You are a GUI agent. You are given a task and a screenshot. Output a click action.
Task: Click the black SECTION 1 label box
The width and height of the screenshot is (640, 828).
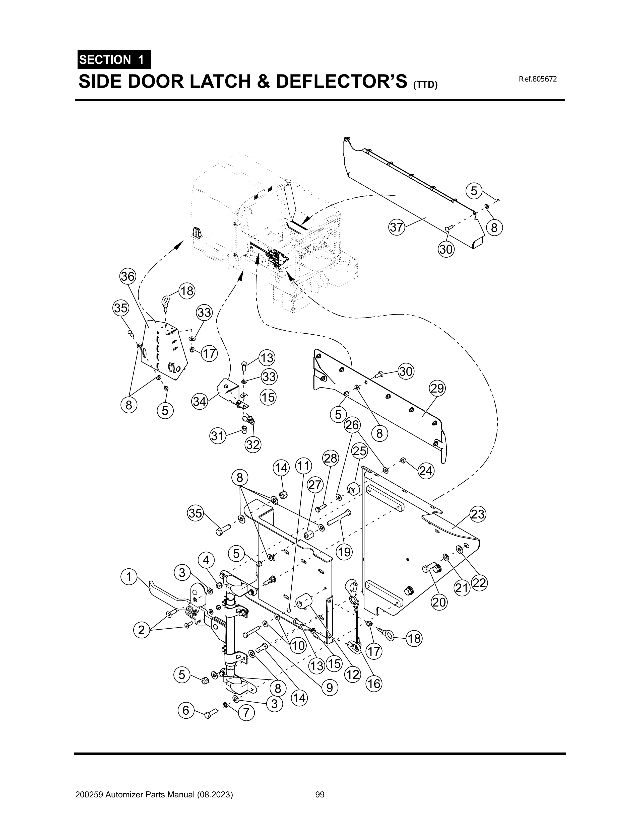pyautogui.click(x=114, y=59)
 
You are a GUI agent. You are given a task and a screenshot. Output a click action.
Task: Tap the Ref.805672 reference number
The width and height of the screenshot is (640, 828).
pyautogui.click(x=538, y=79)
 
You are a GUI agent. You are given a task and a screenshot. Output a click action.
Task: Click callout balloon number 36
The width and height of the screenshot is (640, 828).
pyautogui.click(x=127, y=277)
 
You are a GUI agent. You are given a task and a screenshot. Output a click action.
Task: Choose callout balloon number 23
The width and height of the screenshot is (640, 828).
pyautogui.click(x=478, y=514)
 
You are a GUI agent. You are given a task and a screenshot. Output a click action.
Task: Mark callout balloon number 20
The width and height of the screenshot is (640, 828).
pyautogui.click(x=439, y=602)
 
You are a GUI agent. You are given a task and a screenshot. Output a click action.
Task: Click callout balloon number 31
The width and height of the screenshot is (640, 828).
pyautogui.click(x=217, y=436)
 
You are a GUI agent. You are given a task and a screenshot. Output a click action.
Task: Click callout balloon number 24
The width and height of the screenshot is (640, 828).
pyautogui.click(x=426, y=471)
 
